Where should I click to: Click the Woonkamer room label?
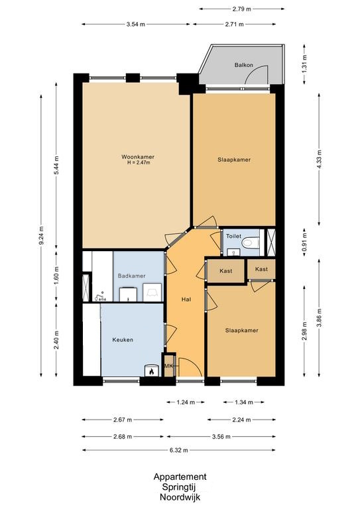pos(138,157)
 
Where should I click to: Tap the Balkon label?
pos(244,65)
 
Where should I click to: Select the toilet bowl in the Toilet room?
pos(251,242)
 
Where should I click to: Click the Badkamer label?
pos(131,276)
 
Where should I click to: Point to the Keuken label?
pos(123,340)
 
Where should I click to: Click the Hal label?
pos(186,300)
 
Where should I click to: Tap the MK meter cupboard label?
pos(168,366)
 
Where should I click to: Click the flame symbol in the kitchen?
pos(151,371)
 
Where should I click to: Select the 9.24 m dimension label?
pos(41,235)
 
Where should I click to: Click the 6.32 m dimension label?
pos(179,450)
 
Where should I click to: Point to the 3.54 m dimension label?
pos(136,25)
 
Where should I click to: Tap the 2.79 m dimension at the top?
pos(242,9)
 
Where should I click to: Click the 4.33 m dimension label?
pos(319,159)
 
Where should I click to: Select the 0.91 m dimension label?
pos(304,241)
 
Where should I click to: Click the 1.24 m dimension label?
pos(186,402)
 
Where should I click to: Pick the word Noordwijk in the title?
pos(180,497)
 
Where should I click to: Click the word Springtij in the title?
pos(180,487)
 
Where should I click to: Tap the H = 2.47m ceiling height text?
pos(139,162)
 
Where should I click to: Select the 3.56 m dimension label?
pos(221,437)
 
